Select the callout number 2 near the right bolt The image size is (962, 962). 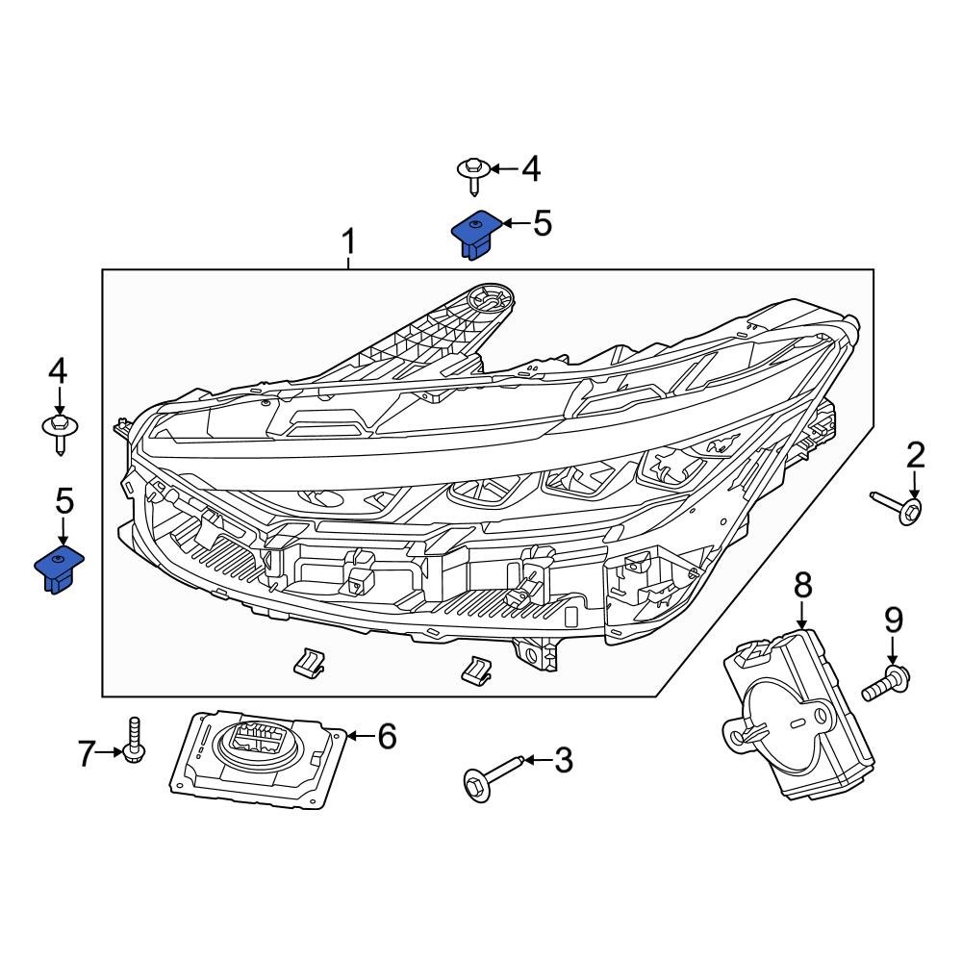coord(915,454)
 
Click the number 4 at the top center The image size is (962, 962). coord(530,169)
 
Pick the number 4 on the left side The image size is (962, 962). coord(60,370)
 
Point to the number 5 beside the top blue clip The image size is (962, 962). coord(542,224)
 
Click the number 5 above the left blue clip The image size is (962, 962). coord(63,500)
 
